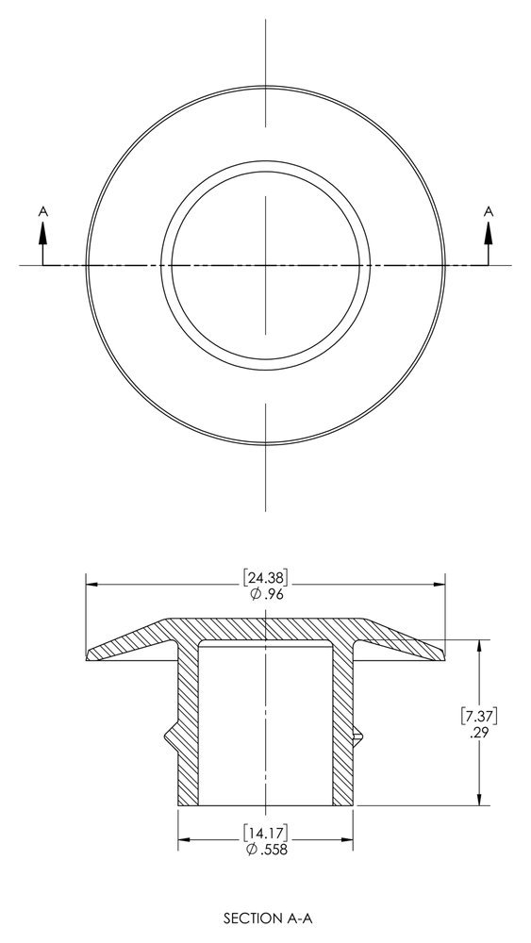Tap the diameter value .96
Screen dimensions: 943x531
tap(272, 594)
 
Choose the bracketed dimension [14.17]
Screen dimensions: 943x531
tap(265, 832)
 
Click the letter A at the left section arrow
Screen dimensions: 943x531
tap(42, 214)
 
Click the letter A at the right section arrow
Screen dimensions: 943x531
tap(488, 212)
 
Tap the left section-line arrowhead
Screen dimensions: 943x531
tap(42, 234)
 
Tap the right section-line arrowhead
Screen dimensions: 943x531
tap(488, 233)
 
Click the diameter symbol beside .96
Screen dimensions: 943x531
tap(254, 594)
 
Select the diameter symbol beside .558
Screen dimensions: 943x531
tap(250, 849)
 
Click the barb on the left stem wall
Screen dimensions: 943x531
tap(172, 733)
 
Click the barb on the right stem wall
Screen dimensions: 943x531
tap(357, 733)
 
